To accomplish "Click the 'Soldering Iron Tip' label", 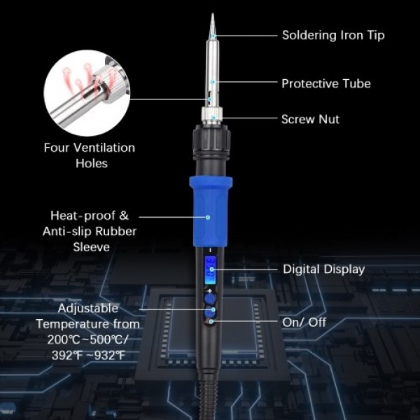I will point(332,34).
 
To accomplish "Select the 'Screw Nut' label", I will point(310,119).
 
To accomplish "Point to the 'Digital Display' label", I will point(323,269).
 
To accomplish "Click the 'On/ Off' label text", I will point(304,323).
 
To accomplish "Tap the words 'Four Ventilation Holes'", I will point(90,155).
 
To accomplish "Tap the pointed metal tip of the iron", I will point(212,24).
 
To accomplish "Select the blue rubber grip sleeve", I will point(210,210).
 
